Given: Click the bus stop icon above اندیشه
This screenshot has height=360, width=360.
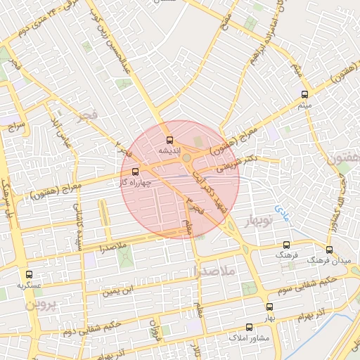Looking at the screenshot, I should [x=169, y=141].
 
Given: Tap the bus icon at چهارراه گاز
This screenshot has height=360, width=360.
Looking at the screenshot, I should [x=135, y=171].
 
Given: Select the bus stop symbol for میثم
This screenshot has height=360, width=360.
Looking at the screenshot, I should [x=304, y=94].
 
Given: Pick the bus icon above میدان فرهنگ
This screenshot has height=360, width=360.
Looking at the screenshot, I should [x=329, y=250].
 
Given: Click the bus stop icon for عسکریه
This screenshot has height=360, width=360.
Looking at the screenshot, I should [x=29, y=275].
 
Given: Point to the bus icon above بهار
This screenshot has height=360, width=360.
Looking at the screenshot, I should [x=269, y=307].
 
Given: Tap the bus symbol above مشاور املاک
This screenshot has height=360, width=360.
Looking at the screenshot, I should [x=249, y=327].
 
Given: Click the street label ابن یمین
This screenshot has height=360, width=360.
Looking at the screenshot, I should [x=118, y=288].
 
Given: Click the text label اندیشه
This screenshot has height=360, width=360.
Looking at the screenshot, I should [x=169, y=151].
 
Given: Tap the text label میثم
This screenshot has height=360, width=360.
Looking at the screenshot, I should [x=304, y=105].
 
